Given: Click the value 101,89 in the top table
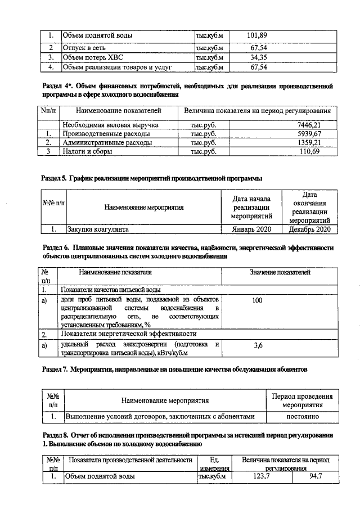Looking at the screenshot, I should pyautogui.click(x=256, y=36).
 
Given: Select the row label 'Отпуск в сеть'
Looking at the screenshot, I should pyautogui.click(x=85, y=47).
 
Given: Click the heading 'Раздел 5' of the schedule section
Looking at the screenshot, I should pyautogui.click(x=55, y=179).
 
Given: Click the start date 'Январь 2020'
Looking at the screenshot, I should pyautogui.click(x=251, y=229).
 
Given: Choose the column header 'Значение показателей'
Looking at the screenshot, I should pyautogui.click(x=280, y=273).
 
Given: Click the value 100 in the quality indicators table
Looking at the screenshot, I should pyautogui.click(x=257, y=301).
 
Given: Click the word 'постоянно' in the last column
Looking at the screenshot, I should pyautogui.click(x=307, y=417).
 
